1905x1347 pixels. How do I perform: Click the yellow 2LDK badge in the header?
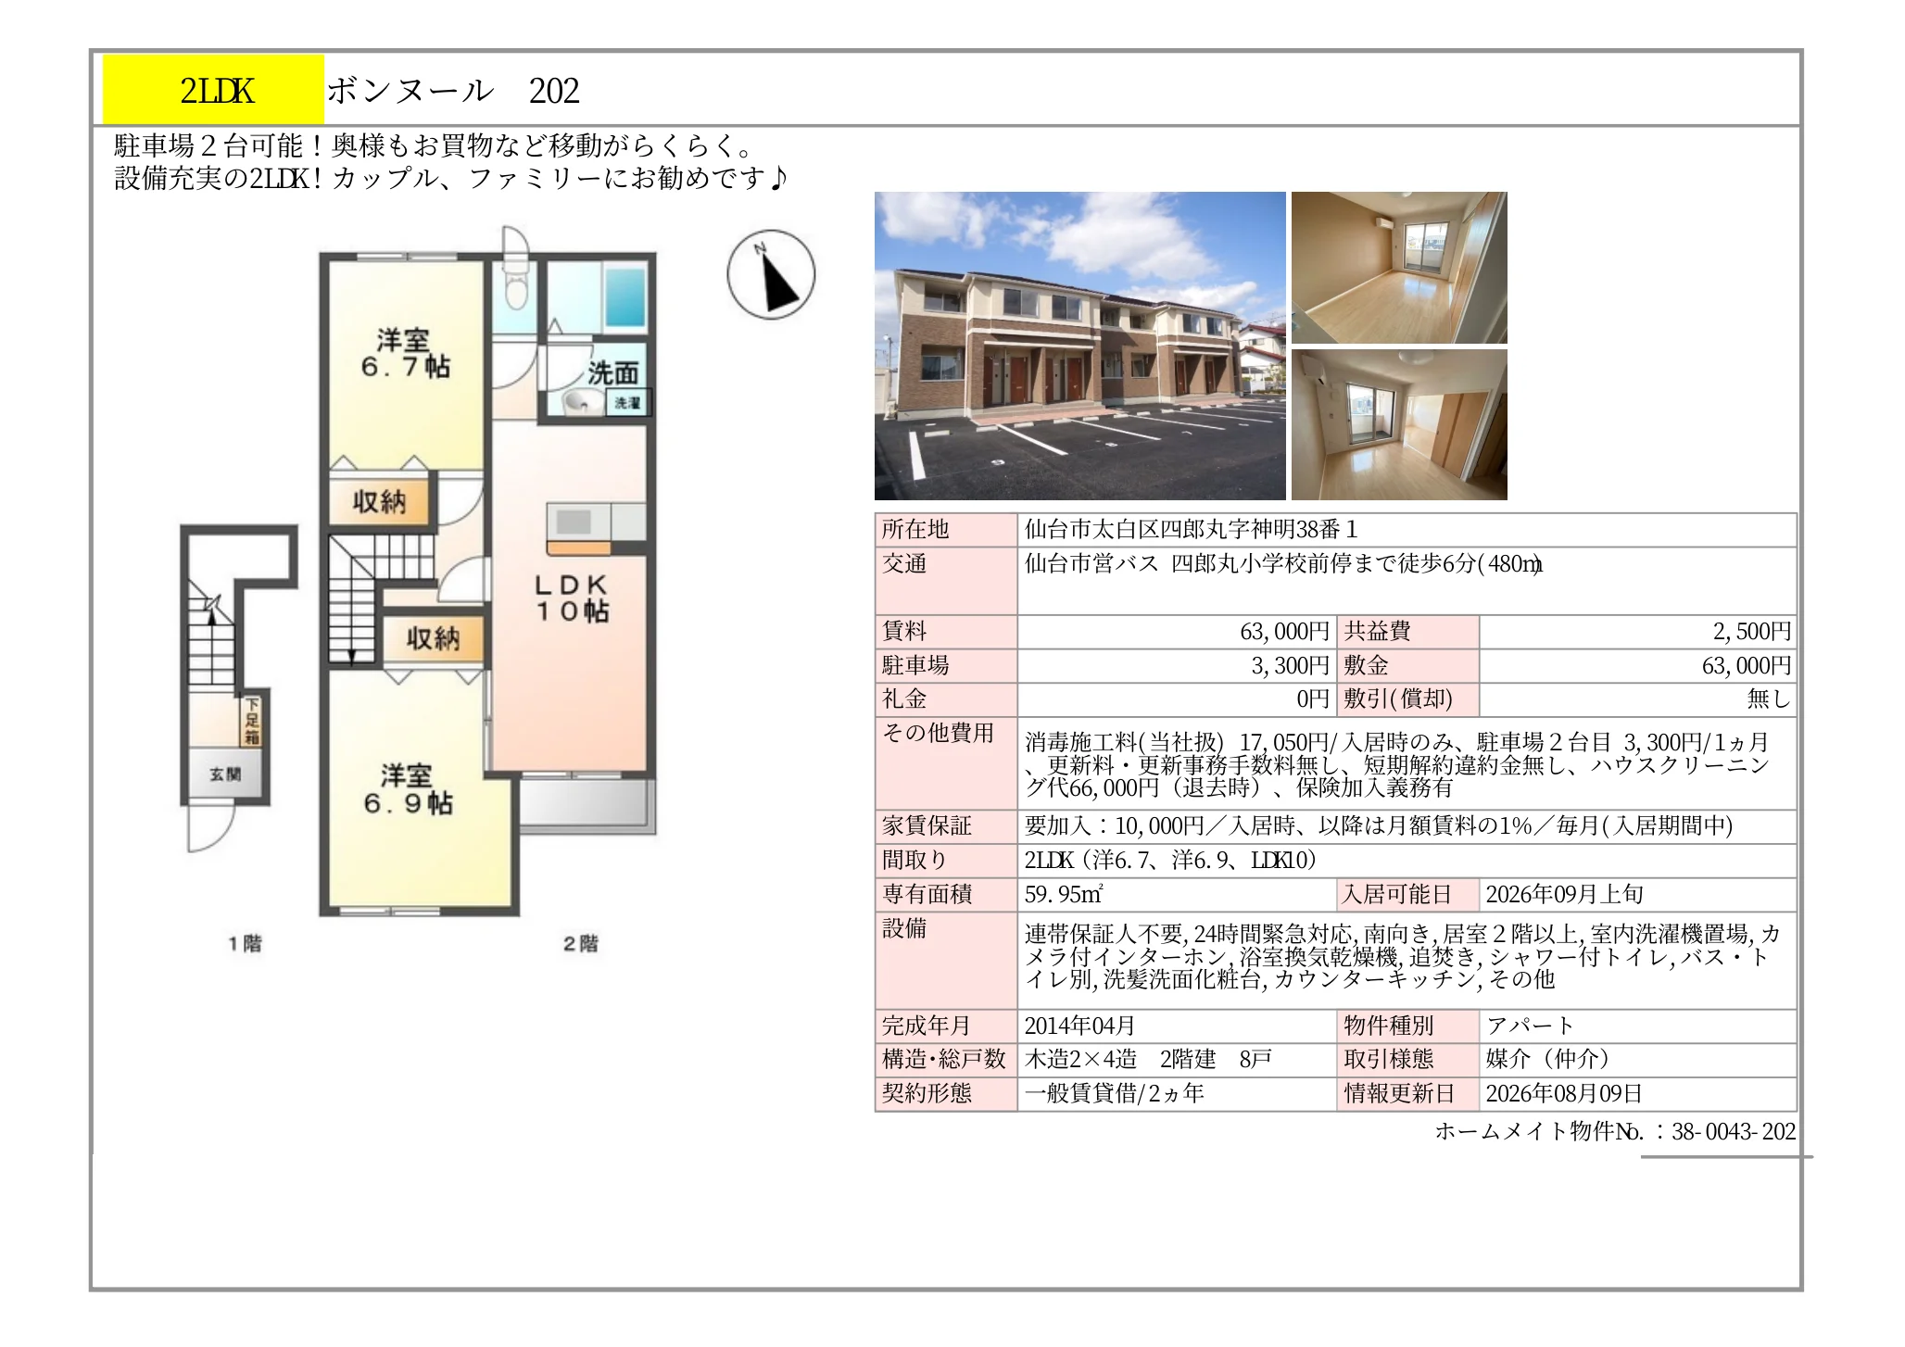pos(213,90)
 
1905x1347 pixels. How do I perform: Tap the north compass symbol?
pos(771,275)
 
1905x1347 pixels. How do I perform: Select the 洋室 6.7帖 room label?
pos(405,353)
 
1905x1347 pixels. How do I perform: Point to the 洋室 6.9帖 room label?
pos(408,789)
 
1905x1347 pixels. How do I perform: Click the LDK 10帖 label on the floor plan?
pos(572,598)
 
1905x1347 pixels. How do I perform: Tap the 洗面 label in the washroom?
pos(612,373)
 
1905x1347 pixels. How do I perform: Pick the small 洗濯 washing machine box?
pos(628,403)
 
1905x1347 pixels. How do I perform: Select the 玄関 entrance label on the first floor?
pos(225,774)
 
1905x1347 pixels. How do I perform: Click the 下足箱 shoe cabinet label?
pos(252,721)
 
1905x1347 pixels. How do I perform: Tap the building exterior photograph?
pos(1079,346)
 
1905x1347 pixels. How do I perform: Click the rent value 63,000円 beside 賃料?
pos(1284,632)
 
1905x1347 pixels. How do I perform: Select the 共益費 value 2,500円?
pos(1751,632)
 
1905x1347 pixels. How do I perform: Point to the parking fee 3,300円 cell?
pos(1290,665)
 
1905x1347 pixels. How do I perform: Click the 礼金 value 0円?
pos(1313,699)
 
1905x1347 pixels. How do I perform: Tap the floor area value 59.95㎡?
pos(1063,894)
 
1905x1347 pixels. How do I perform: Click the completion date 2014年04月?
pos(1079,1026)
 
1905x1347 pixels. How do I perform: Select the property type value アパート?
pos(1530,1026)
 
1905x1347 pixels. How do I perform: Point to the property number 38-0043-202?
pos(1734,1131)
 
